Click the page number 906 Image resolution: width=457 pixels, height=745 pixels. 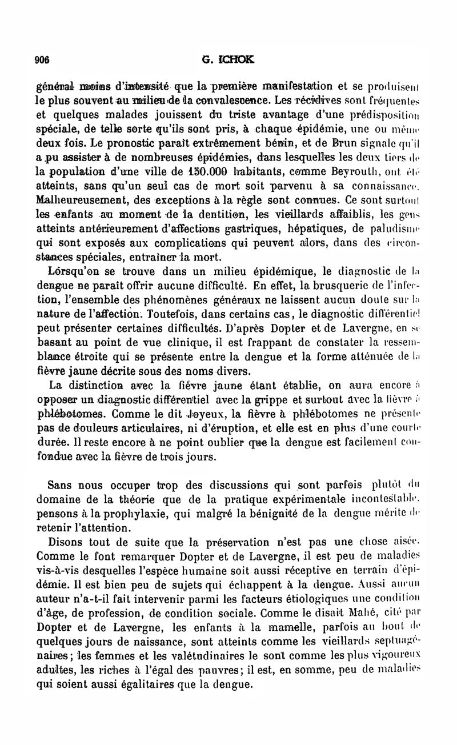pos(42,58)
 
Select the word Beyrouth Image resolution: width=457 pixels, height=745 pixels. pos(338,171)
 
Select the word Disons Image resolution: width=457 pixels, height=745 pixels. pos(69,540)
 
